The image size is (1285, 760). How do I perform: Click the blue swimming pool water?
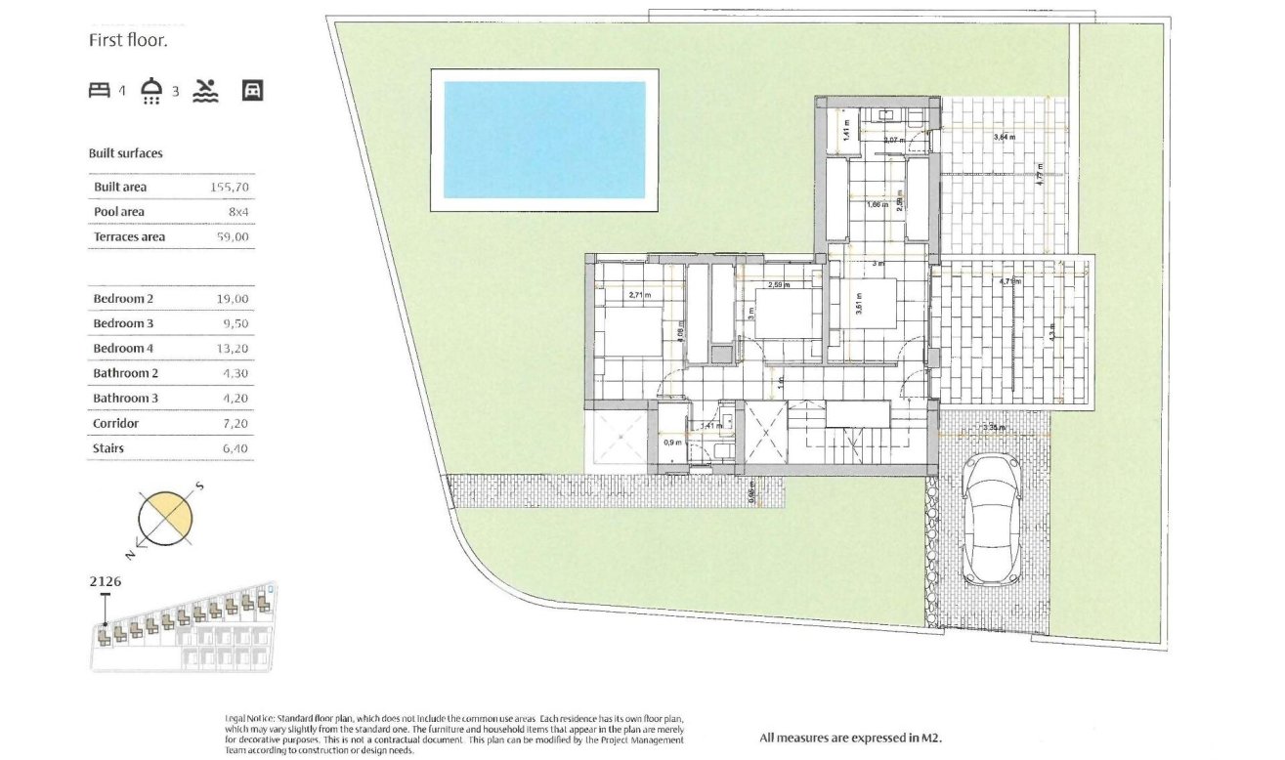[x=544, y=140]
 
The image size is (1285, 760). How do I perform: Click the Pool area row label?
[x=118, y=212]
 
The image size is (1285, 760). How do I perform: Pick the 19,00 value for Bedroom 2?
[x=234, y=299]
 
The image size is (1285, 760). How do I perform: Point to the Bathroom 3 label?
[x=125, y=399]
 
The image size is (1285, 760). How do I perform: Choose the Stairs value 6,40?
[x=235, y=448]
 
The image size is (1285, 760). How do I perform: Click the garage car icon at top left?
[x=253, y=91]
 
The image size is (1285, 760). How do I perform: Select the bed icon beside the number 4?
[x=100, y=91]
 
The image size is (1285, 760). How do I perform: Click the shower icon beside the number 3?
[x=151, y=91]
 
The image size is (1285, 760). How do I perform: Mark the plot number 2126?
[x=105, y=581]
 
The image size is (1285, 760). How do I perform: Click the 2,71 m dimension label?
[x=641, y=294]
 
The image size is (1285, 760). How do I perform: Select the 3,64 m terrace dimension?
[x=1004, y=138]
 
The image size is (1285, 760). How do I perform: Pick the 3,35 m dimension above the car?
[x=995, y=427]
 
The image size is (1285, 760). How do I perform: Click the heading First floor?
[x=128, y=41]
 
